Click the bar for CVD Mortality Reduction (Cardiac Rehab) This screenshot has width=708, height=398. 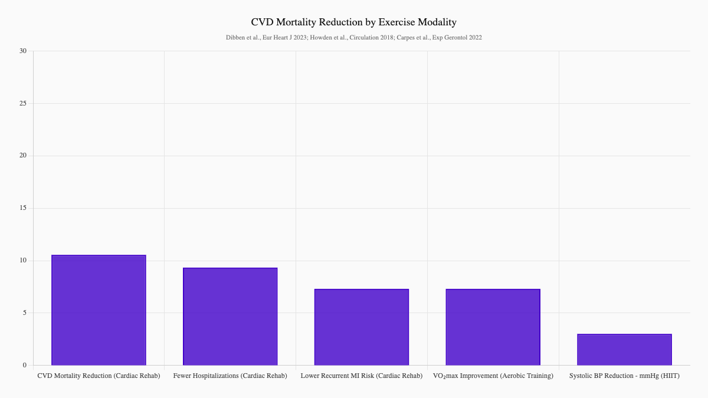[x=99, y=310]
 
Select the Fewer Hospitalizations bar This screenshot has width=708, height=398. [x=230, y=317]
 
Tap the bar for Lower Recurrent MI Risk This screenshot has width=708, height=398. [x=362, y=327]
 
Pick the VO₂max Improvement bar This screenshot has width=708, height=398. [x=493, y=327]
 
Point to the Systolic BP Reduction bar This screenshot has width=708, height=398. [x=624, y=350]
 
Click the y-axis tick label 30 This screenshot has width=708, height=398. [x=23, y=51]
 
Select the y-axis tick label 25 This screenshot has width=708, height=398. [x=23, y=104]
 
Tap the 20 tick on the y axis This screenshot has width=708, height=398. [x=23, y=156]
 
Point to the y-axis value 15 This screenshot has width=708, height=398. [x=23, y=208]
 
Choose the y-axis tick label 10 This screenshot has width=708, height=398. [x=23, y=261]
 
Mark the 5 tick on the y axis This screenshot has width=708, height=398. [x=25, y=313]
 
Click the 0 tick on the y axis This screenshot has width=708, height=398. [x=25, y=366]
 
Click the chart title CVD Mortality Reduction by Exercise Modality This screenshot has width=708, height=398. [x=354, y=22]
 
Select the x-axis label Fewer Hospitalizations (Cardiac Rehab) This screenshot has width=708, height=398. [x=230, y=376]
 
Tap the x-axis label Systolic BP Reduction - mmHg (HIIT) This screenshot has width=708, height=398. [x=624, y=376]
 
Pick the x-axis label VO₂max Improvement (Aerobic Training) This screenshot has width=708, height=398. [x=493, y=376]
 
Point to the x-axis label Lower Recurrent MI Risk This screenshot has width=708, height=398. [x=362, y=376]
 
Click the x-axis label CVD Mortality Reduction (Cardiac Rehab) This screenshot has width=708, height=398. [x=99, y=376]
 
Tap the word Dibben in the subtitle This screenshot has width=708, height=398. [x=235, y=38]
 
